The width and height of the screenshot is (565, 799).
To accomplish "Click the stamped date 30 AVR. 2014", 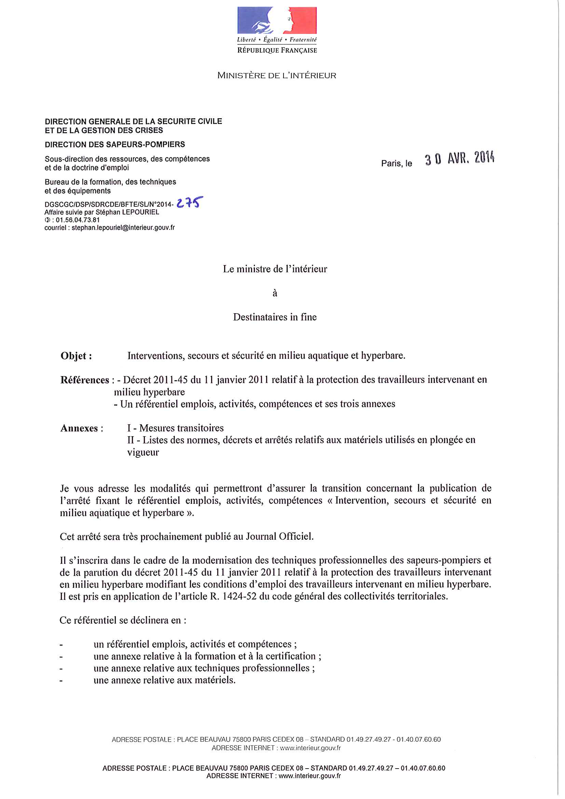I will (x=459, y=159).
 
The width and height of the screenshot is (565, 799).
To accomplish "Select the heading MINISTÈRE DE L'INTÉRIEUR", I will (x=277, y=75).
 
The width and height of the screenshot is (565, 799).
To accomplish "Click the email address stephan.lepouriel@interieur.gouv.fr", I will (x=123, y=228).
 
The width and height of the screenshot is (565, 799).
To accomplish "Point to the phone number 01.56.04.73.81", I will (x=78, y=220).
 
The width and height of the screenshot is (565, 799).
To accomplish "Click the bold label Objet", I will (x=76, y=356).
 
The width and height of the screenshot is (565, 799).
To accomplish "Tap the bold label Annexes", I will (x=79, y=428).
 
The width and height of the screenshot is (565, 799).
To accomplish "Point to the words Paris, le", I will (x=396, y=164).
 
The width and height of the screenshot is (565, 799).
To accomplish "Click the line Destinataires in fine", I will (x=275, y=317).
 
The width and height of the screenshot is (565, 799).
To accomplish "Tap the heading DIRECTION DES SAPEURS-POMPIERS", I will (x=115, y=144).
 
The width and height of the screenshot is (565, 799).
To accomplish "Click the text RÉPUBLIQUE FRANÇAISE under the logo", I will (x=277, y=51).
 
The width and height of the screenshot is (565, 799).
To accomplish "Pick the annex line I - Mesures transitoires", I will (x=175, y=428).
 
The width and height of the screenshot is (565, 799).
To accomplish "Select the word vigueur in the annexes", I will (x=143, y=452).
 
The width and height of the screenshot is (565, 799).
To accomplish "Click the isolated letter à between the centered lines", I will (x=275, y=293).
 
